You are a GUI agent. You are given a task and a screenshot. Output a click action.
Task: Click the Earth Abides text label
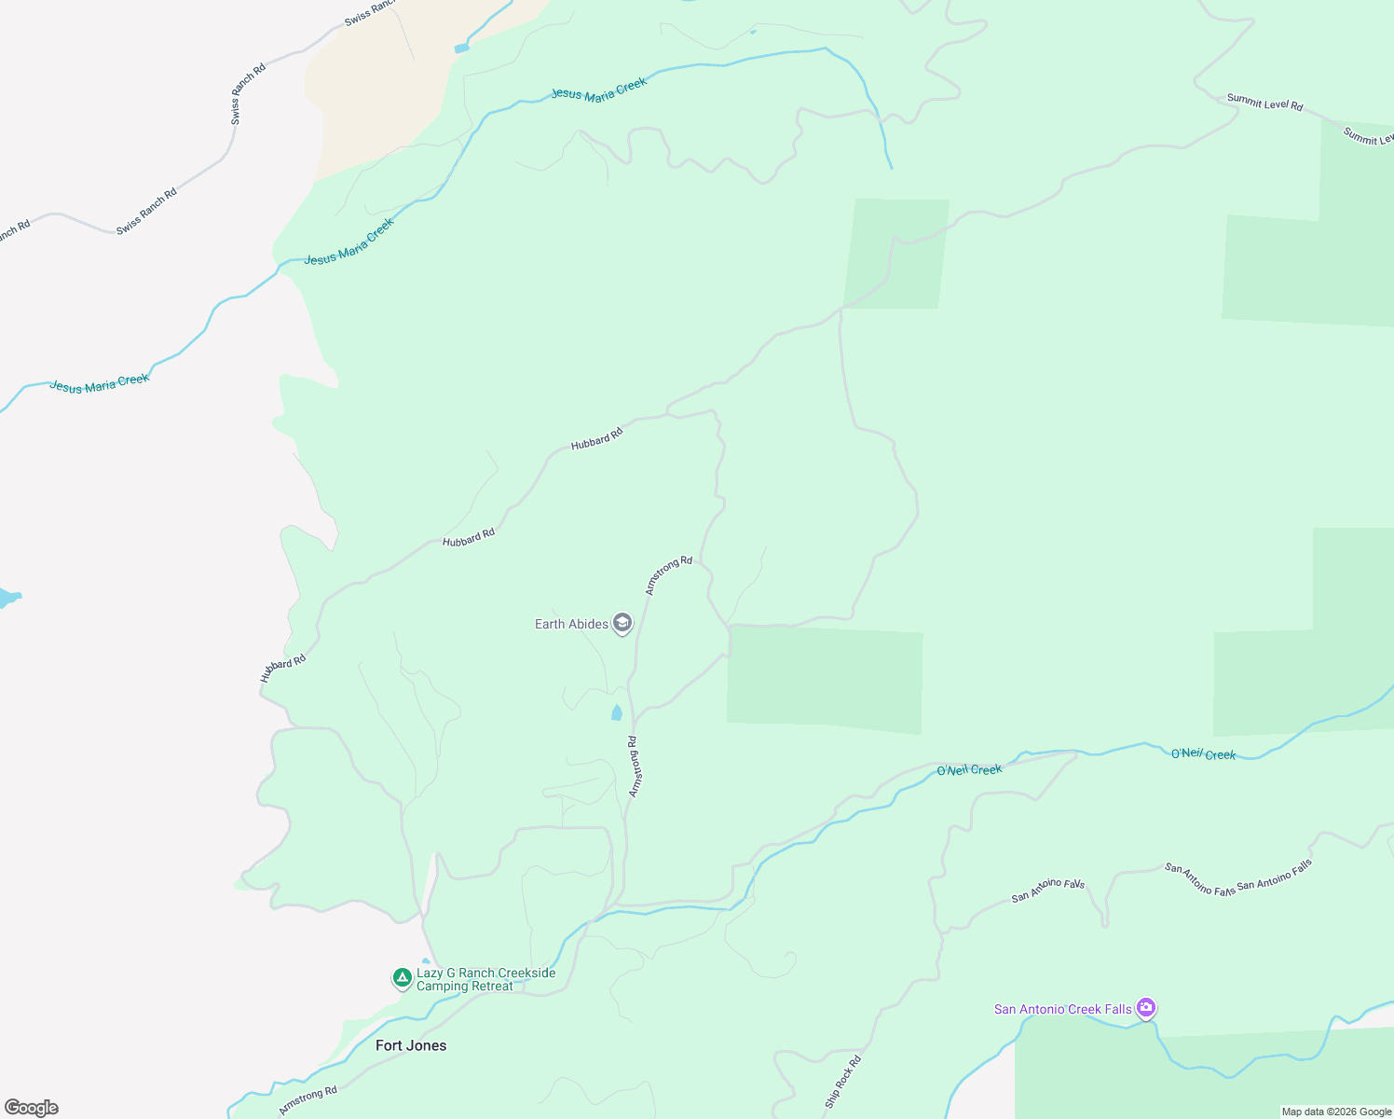pos(571,624)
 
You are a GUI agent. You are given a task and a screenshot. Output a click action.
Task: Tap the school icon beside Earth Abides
pos(622,623)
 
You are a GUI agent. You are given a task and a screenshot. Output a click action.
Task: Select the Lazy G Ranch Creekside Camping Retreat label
pos(485,979)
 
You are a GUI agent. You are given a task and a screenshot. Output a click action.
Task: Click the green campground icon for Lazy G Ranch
pos(402,977)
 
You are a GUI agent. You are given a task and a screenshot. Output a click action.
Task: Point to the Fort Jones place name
pos(411,1045)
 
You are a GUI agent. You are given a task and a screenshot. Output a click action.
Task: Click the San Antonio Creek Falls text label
pos(1062,1009)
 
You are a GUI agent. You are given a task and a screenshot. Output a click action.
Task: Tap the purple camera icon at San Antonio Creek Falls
pos(1146,1007)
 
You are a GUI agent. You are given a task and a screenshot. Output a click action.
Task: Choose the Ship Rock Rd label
pos(842,1082)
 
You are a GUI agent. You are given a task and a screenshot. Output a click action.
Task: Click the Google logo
pos(32,1108)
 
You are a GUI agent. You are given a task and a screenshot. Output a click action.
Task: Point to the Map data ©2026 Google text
pos(1336,1112)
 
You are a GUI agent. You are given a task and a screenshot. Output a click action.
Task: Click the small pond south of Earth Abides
pos(616,713)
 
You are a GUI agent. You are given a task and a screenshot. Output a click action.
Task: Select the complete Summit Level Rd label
pos(1264,103)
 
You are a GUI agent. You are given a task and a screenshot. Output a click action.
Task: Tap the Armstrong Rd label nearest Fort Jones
pos(307,1100)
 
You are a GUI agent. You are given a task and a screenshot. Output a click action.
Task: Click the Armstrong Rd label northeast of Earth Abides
pos(669,574)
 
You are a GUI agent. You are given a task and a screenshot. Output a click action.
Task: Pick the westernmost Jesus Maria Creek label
pos(99,383)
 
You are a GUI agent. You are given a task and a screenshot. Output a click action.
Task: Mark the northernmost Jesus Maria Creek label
pos(598,89)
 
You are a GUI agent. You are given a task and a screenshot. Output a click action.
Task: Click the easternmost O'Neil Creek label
pos(1203,753)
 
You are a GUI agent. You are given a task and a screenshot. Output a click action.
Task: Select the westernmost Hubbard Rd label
pos(282,668)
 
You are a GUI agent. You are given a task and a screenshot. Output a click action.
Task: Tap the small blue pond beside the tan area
pos(461,48)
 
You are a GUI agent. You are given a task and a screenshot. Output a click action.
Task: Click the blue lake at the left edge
pos(7,598)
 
